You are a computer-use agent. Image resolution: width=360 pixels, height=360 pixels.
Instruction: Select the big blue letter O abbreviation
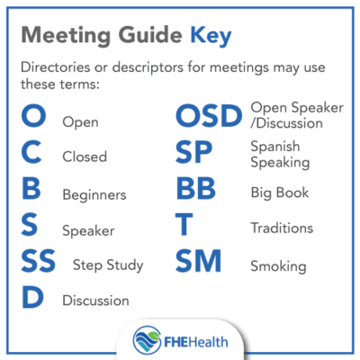pos(32,118)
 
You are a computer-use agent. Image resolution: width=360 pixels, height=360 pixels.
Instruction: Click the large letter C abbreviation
pos(31,155)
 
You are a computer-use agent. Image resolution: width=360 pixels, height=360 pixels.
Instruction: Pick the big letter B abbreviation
pos(31,192)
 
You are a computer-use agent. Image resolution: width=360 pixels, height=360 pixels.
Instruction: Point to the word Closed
pos(84,157)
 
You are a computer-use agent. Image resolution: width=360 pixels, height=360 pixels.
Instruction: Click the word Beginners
pos(93,193)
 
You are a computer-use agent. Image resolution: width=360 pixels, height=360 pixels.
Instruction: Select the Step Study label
pos(110,265)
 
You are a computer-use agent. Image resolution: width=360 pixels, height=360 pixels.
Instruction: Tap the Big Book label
pos(280,192)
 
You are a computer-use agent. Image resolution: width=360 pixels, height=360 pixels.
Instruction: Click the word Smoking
pos(279,265)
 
